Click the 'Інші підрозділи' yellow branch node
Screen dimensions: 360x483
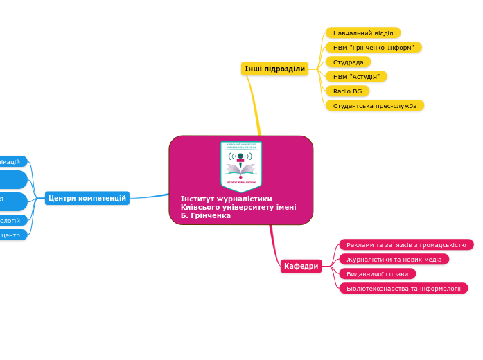pyautogui.click(x=274, y=69)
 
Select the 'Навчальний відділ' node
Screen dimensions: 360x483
pyautogui.click(x=362, y=33)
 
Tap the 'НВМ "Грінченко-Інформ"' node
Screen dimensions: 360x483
pyautogui.click(x=373, y=47)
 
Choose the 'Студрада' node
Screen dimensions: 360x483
pyautogui.click(x=348, y=62)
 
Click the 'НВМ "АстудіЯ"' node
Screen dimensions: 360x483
pyautogui.click(x=356, y=76)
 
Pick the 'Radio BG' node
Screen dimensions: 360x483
pyautogui.click(x=347, y=91)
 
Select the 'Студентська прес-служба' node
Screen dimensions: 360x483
pyautogui.click(x=374, y=105)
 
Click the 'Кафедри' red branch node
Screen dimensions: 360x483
pyautogui.click(x=301, y=266)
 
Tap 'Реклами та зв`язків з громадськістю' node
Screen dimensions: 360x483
pyautogui.click(x=406, y=244)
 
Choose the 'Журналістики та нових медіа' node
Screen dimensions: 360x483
pyautogui.click(x=394, y=259)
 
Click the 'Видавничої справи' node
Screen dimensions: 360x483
pyautogui.click(x=377, y=273)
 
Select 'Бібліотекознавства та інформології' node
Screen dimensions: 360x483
pyautogui.click(x=403, y=288)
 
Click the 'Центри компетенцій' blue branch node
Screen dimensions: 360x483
pyautogui.click(x=87, y=198)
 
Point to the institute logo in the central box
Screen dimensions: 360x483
pyautogui.click(x=240, y=165)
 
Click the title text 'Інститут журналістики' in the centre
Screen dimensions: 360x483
pyautogui.click(x=226, y=199)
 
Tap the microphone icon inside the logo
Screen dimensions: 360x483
pyautogui.click(x=240, y=159)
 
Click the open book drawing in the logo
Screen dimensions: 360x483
pyautogui.click(x=240, y=170)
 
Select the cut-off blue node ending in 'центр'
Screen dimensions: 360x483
pyautogui.click(x=12, y=235)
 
